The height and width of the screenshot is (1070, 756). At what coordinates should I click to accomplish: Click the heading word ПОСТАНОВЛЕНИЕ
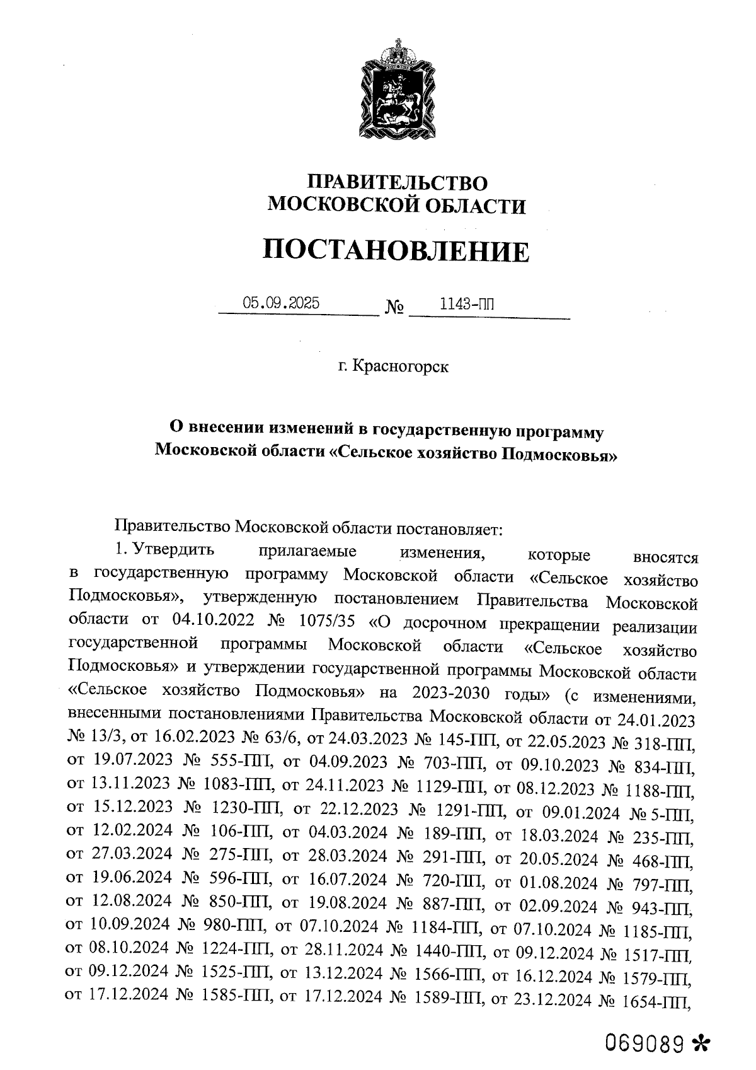[x=396, y=251]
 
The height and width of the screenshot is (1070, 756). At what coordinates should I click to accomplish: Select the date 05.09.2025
[x=281, y=303]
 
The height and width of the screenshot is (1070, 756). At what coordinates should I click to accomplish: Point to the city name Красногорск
[x=401, y=366]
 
